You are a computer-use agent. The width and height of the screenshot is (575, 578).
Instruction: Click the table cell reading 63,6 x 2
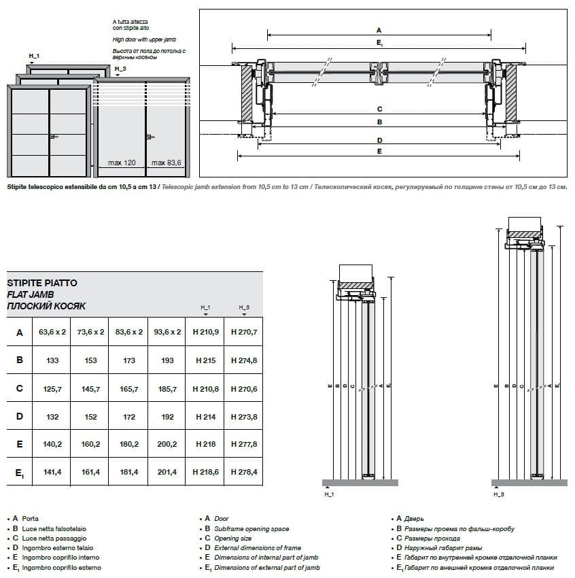tap(52, 333)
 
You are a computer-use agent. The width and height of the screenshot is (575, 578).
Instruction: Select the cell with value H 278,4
tap(244, 472)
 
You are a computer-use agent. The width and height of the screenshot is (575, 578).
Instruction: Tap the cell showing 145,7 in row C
tap(90, 389)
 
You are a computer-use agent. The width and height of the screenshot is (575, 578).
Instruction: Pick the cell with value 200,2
tap(167, 444)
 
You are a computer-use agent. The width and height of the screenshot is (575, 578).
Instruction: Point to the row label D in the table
tap(20, 416)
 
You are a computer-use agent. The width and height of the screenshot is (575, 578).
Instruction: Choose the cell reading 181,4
tap(128, 472)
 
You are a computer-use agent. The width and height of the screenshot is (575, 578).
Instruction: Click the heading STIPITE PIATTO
tap(41, 282)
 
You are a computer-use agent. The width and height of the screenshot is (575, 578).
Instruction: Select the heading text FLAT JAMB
tap(30, 294)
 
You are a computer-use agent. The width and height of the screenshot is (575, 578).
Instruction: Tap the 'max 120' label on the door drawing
tap(122, 163)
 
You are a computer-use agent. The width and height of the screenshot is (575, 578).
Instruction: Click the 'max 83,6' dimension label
tap(166, 163)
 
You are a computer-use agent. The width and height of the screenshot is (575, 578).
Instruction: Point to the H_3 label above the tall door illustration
tap(120, 69)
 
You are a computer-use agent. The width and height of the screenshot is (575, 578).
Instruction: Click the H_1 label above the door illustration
tap(34, 54)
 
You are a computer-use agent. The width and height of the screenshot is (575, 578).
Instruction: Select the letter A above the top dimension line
tap(379, 30)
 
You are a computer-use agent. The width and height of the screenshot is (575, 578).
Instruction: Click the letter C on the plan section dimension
tap(379, 109)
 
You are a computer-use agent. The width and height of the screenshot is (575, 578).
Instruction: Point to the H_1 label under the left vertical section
tap(328, 494)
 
